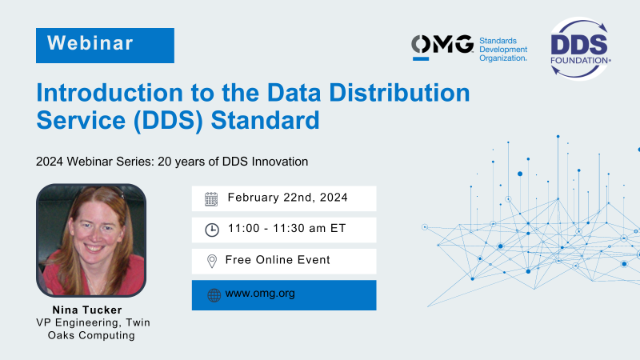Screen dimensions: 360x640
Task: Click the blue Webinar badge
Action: coord(105,45)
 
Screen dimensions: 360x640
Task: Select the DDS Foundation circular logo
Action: coord(580,45)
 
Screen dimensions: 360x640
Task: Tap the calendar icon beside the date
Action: coord(211,198)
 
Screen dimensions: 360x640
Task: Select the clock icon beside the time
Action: coord(211,230)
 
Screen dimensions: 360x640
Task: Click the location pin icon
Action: coord(211,262)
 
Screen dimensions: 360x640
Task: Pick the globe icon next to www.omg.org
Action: coord(212,295)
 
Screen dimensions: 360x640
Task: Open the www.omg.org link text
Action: coord(261,294)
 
